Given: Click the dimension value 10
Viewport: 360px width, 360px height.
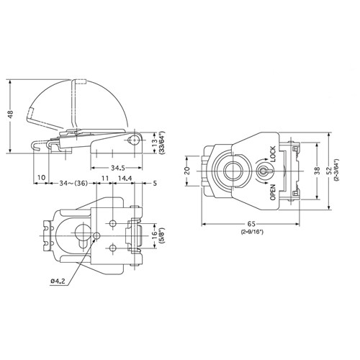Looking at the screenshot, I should click(x=41, y=177).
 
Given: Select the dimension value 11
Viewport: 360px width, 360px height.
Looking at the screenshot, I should click(x=104, y=177).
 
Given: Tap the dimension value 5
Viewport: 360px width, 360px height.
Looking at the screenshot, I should click(x=155, y=183).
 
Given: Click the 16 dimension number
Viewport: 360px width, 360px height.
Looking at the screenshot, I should click(x=153, y=235).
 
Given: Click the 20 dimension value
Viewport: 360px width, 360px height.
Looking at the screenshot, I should click(x=186, y=171).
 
